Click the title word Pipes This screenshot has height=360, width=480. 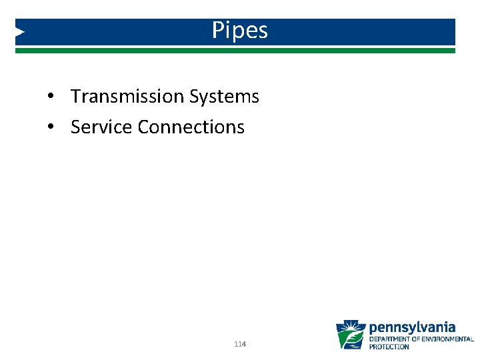(x=240, y=31)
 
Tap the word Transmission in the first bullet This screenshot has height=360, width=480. (x=127, y=97)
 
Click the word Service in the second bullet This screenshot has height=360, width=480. (x=101, y=127)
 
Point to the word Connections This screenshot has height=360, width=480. (x=191, y=127)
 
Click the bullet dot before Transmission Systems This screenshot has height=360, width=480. (x=50, y=97)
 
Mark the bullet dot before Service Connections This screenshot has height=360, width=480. (x=50, y=127)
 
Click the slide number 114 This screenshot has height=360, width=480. (x=241, y=344)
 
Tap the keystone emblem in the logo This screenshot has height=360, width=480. (x=350, y=335)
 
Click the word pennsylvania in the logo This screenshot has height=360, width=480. (x=412, y=327)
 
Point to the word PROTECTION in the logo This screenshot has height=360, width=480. (x=389, y=347)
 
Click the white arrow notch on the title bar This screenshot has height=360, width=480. (x=20, y=31)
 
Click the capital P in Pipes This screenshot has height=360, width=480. (x=218, y=31)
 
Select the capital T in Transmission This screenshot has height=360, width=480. (x=76, y=97)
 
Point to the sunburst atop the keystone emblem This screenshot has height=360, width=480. (x=351, y=327)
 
